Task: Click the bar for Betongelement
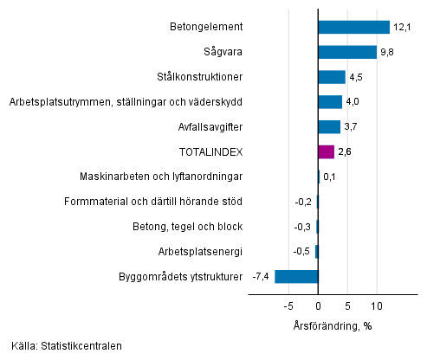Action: tap(353, 27)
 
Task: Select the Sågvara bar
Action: tap(346, 52)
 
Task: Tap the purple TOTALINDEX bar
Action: tap(326, 152)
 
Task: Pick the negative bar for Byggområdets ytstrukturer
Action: tap(296, 277)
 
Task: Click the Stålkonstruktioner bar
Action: tap(332, 77)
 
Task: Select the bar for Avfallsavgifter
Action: tap(329, 127)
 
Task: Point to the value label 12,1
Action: tap(400, 27)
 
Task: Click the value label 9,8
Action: tap(386, 52)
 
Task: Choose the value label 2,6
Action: tap(345, 152)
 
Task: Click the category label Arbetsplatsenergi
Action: tap(200, 252)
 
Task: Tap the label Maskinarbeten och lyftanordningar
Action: tap(161, 177)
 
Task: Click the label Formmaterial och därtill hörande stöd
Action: tap(153, 202)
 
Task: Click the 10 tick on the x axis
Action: tap(377, 306)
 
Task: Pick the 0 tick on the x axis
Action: tap(318, 306)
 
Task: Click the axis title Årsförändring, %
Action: tap(332, 325)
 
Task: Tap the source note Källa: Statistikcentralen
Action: tap(68, 346)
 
